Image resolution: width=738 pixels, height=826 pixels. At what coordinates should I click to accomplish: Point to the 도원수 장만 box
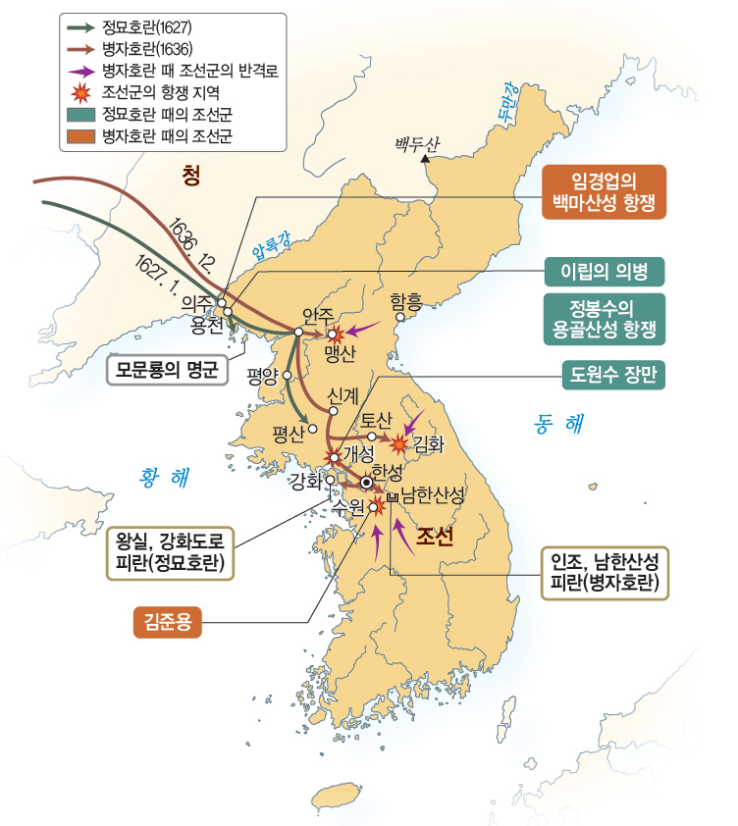(605, 373)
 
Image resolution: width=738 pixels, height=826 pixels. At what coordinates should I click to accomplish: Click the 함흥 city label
(406, 300)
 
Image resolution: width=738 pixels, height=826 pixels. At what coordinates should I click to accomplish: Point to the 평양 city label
(263, 374)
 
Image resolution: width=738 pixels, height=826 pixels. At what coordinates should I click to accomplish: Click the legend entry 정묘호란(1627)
(137, 27)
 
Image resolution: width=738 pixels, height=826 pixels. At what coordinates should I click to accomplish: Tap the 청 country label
(191, 177)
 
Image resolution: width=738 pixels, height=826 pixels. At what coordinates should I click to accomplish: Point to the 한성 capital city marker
(366, 483)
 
